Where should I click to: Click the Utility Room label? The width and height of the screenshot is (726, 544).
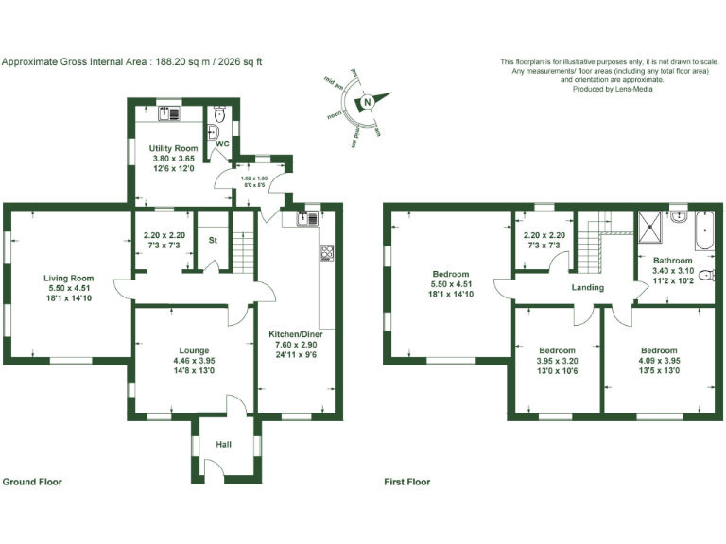173,149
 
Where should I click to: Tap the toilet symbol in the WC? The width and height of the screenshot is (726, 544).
219,116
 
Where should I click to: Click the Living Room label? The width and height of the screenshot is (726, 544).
69,278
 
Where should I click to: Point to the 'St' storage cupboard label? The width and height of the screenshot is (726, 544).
213,240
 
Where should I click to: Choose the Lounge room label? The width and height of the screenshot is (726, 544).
192,350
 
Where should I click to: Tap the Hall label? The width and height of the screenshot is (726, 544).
223,444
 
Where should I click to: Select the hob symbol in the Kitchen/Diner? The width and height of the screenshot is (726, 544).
327,252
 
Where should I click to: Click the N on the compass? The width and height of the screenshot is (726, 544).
365,105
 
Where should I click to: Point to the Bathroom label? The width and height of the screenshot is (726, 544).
672,261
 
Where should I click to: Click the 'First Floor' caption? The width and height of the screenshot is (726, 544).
406,482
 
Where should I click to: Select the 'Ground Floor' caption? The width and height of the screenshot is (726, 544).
32,482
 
